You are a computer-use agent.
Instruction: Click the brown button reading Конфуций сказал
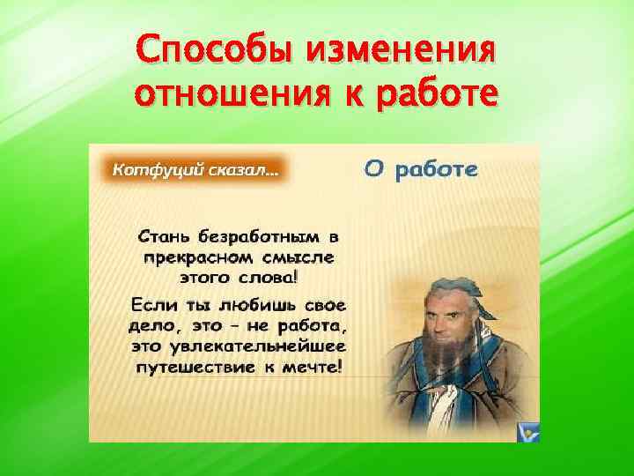tap(195, 169)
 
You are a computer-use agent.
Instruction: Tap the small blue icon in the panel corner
tap(529, 432)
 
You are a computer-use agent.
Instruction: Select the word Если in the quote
tap(155, 305)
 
